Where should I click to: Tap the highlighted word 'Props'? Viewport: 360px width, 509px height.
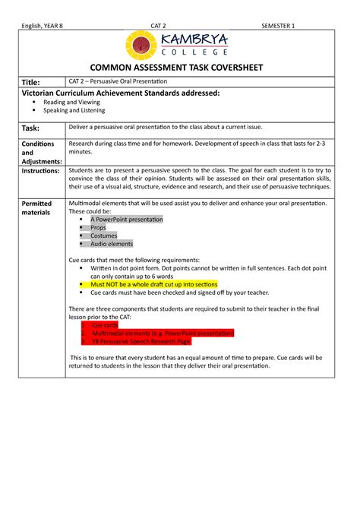click(x=99, y=228)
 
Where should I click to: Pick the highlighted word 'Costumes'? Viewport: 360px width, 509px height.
click(x=105, y=236)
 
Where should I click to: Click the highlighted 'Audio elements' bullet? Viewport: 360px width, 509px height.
click(x=112, y=244)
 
